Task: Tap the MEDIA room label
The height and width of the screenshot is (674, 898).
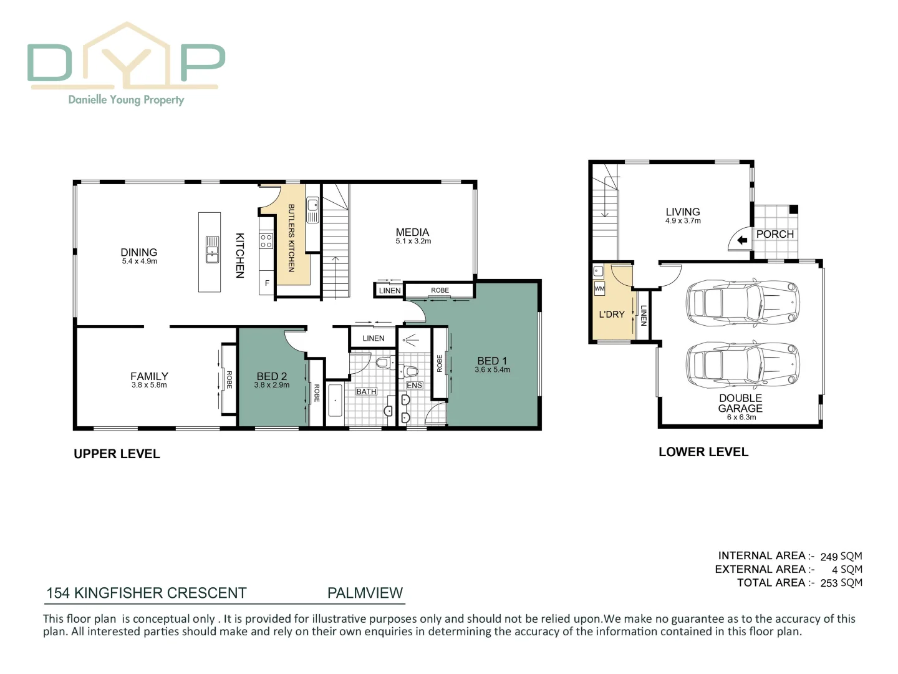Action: tap(412, 232)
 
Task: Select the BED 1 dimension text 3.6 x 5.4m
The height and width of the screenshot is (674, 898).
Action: tap(492, 370)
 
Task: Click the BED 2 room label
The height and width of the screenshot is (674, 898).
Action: tap(272, 376)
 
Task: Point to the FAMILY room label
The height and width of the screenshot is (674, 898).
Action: tap(149, 376)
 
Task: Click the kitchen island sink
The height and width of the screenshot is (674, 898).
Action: tap(212, 250)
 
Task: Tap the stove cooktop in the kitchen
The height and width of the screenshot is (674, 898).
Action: tap(266, 241)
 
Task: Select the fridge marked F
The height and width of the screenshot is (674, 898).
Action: tap(267, 283)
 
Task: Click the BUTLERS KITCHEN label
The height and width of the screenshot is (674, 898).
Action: tap(291, 238)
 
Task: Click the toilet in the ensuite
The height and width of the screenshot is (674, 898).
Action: tap(410, 372)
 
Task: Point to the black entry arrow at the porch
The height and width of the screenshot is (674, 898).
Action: tap(741, 240)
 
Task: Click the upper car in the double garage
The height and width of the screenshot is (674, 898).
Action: tap(742, 303)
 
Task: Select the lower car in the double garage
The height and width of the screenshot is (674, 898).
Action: tap(742, 364)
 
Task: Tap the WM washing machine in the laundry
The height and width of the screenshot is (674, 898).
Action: tap(599, 289)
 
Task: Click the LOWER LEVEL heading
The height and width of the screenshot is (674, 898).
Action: tap(703, 452)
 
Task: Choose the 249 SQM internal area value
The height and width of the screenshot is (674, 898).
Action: tap(841, 556)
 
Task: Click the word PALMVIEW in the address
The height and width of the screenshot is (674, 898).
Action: tap(365, 593)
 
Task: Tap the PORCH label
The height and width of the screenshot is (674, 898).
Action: tap(775, 234)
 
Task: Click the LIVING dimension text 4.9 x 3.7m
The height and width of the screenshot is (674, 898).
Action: tap(683, 221)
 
